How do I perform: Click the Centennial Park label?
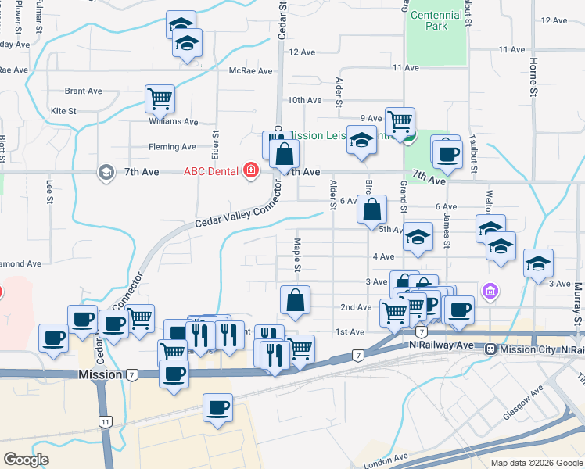point(436,20)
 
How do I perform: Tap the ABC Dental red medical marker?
point(251,170)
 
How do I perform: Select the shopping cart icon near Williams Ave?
point(160,99)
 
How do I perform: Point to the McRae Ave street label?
point(250,71)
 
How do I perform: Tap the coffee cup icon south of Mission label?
point(217,407)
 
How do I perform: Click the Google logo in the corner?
point(26,460)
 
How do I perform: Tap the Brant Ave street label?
point(83,91)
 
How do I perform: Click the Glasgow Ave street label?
point(523,403)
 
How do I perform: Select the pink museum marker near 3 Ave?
point(490,292)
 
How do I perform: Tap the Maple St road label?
point(297,256)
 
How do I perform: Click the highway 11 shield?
point(105,421)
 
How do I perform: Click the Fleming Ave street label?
point(172,146)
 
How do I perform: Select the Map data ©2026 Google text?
point(536,463)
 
